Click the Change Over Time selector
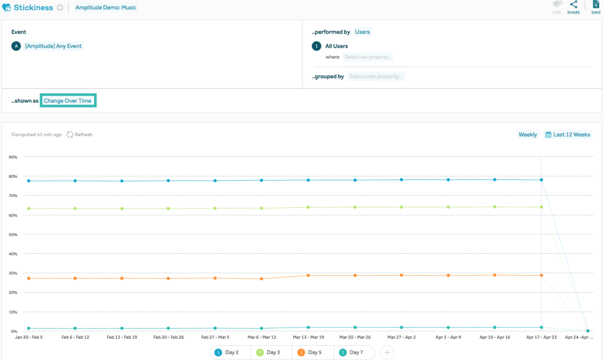click(67, 101)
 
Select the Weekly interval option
click(527, 135)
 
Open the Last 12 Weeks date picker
click(567, 135)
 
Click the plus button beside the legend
click(387, 352)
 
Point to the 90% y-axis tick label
click(13, 157)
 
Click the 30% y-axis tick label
click(13, 273)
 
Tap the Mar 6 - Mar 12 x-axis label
click(261, 338)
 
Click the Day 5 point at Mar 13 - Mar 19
click(308, 276)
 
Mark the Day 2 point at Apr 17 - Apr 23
click(541, 179)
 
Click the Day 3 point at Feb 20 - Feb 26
click(169, 208)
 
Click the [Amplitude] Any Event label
click(53, 46)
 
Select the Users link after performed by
click(362, 32)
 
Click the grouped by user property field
click(376, 76)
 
